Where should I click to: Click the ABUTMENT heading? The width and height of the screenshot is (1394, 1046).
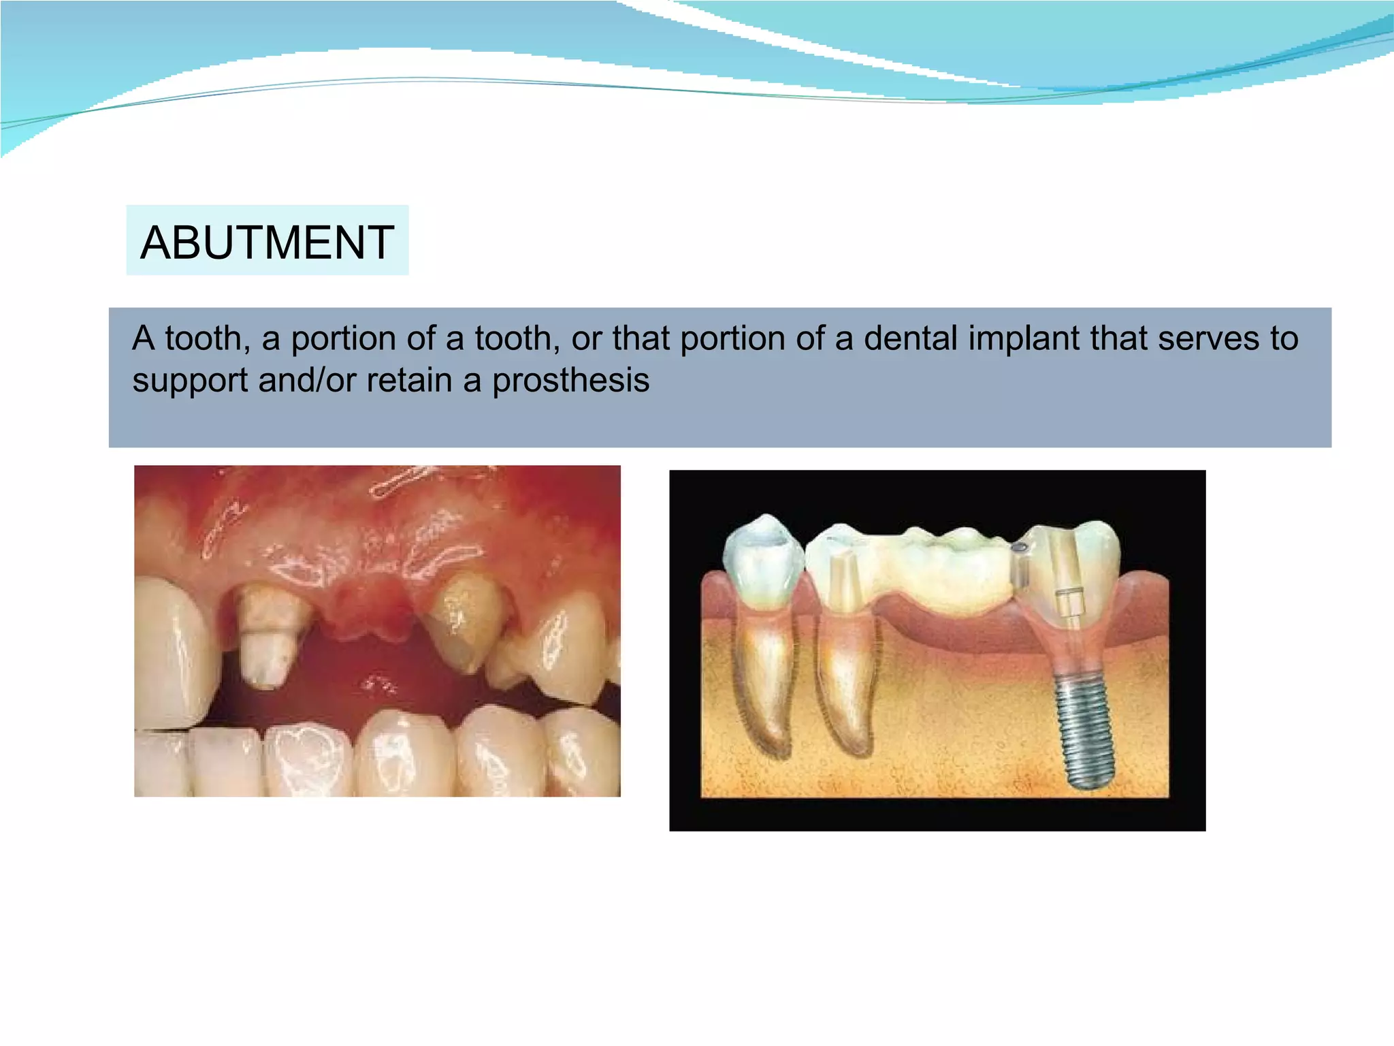point(267,242)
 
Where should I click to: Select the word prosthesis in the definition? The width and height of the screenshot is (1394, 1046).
point(570,380)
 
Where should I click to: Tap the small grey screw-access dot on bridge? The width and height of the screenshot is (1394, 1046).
point(1020,547)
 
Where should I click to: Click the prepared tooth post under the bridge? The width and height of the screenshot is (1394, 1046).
point(841,579)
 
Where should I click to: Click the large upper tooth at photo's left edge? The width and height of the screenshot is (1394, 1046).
point(170,647)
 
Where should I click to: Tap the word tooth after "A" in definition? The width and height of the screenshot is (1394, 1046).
point(202,338)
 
